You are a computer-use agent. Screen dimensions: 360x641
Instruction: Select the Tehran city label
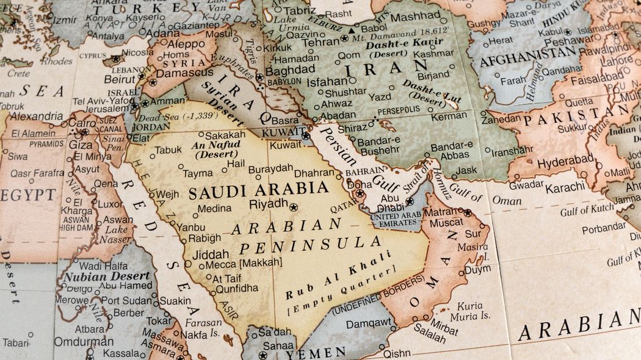point(320,41)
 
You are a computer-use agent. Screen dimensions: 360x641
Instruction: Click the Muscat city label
point(446,223)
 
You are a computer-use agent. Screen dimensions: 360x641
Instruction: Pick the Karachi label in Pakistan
point(565,188)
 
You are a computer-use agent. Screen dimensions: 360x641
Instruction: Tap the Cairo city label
point(82,123)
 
